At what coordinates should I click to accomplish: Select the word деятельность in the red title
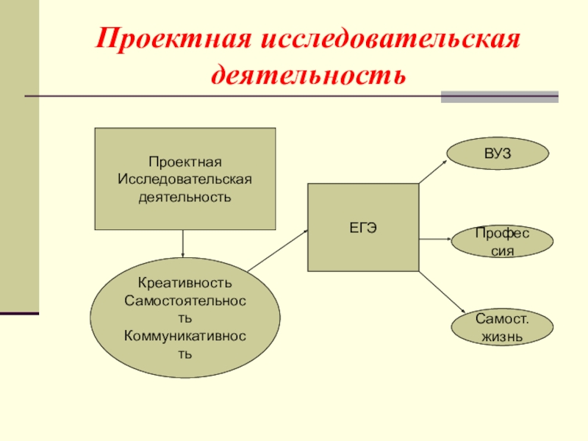[309, 74]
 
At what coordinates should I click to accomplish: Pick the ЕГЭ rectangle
[363, 227]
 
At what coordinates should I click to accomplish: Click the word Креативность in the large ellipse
[185, 283]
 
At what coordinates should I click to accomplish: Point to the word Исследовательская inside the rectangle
[185, 179]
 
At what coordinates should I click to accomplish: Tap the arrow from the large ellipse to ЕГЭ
[277, 251]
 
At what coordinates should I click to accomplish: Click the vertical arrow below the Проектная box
[183, 243]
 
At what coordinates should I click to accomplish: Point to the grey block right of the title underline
[499, 96]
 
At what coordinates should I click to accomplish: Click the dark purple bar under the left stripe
[19, 314]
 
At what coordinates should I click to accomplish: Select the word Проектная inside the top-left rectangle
[185, 162]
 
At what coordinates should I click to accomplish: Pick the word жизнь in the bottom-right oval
[502, 337]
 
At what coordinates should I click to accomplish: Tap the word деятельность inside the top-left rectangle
[185, 197]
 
